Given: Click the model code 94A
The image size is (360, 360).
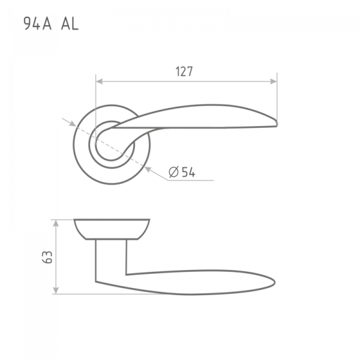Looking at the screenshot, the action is point(37,23).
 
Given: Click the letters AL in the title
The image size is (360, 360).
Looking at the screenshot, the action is point(70,23).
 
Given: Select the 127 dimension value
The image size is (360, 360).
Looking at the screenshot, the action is point(184,71).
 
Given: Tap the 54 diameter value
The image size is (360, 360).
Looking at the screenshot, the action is point(188,172).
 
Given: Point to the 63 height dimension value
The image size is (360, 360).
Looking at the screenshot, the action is point(47,257).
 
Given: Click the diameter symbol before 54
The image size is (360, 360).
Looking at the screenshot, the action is point(173,172).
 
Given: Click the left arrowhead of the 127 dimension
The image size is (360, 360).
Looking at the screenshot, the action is point(99,81).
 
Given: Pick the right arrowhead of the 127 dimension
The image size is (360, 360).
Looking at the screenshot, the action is point(274,81).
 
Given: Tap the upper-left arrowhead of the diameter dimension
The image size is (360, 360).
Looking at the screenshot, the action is point(73,124).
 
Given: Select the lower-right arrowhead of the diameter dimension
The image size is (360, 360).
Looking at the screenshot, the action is point(148,169).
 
